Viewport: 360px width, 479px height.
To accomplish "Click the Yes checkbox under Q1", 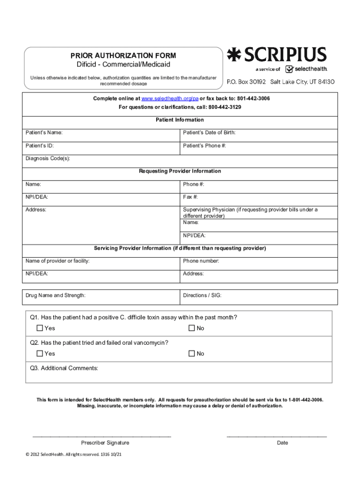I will (40, 328).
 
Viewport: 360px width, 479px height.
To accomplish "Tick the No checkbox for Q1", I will (191, 328).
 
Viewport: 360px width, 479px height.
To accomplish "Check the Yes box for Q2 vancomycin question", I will (40, 354).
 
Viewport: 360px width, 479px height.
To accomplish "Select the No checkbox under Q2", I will (191, 354).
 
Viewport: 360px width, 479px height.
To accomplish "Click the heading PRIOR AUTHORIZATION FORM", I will (123, 56).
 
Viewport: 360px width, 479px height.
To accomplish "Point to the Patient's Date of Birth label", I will (209, 133).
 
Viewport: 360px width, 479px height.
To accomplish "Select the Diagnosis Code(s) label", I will (48, 159).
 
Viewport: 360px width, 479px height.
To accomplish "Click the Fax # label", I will (190, 197).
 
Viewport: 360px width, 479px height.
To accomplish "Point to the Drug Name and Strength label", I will (56, 296).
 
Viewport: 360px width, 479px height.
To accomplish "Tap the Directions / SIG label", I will (202, 296).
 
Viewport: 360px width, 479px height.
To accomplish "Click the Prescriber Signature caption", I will (105, 443).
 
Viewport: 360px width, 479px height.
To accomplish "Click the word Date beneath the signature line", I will (282, 443).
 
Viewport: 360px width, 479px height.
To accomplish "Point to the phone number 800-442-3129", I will (225, 107).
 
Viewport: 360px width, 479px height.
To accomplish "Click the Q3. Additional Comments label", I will (64, 368).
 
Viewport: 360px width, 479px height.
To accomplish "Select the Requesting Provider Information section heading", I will (180, 171).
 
